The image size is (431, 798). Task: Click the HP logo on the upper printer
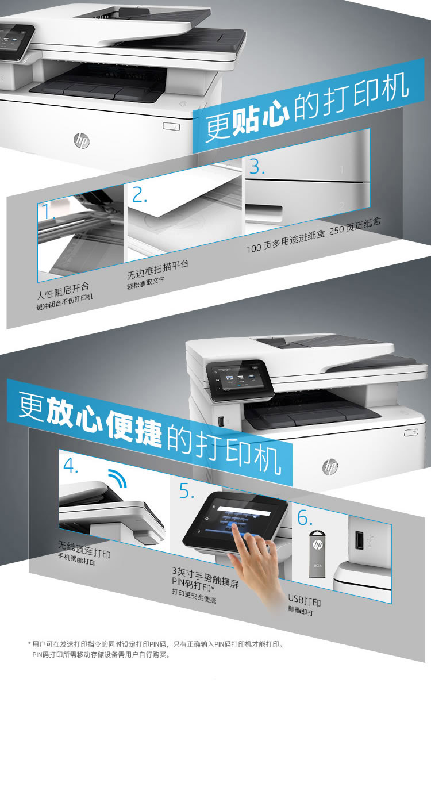[82, 140]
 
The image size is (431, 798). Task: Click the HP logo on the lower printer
[330, 466]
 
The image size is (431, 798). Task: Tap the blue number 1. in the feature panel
[49, 212]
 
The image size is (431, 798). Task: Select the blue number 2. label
[139, 194]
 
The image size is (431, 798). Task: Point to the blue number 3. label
[257, 167]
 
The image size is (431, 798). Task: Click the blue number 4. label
[71, 465]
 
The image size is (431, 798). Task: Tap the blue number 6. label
[305, 517]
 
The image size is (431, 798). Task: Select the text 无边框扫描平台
[158, 270]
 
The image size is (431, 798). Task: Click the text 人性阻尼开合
[63, 291]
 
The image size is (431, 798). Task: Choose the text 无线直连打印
[84, 549]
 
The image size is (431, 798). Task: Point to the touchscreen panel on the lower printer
[240, 380]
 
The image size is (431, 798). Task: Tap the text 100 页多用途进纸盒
[286, 242]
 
